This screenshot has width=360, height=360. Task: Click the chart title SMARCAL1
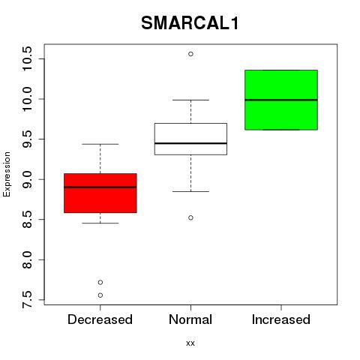(x=190, y=23)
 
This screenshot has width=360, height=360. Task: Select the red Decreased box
(x=100, y=193)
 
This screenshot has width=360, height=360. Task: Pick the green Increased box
(x=281, y=100)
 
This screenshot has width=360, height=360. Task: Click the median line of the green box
(x=281, y=100)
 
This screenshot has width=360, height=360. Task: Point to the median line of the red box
(x=100, y=187)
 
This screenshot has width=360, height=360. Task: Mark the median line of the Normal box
(x=190, y=143)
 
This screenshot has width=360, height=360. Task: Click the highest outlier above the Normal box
(x=190, y=54)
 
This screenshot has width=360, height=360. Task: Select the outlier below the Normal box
(x=190, y=217)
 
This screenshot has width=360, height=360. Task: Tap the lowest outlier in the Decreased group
(x=100, y=295)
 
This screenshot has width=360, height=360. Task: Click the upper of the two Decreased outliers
(x=100, y=282)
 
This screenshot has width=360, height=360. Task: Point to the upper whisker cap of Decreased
(x=100, y=144)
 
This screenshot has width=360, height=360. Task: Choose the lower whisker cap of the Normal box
(x=190, y=191)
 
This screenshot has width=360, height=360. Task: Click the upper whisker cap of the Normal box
(x=190, y=100)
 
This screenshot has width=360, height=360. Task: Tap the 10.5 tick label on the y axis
(x=27, y=59)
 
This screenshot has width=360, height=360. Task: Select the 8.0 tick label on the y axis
(x=27, y=260)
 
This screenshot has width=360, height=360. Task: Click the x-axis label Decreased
(x=100, y=319)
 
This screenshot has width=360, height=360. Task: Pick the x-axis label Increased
(x=281, y=319)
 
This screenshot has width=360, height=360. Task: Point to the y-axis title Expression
(x=7, y=174)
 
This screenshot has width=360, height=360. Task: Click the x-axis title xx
(x=190, y=343)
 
